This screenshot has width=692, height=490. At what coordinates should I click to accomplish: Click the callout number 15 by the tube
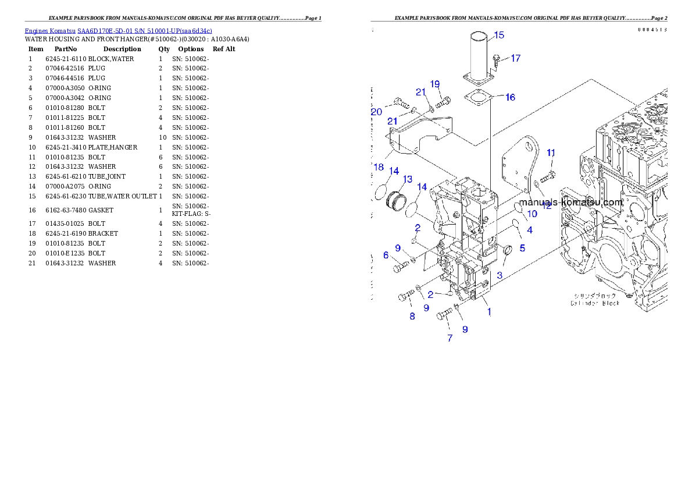coord(499,35)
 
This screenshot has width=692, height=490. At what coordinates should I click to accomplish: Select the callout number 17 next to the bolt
coord(515,58)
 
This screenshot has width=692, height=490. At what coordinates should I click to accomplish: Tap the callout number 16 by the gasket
coord(510,97)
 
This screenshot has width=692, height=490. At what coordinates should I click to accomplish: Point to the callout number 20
coord(376,112)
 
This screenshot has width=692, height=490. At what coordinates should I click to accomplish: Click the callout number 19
coord(435,84)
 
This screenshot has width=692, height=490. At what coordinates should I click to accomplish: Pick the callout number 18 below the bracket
coord(379,167)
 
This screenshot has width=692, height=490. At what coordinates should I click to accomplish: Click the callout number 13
coord(408,179)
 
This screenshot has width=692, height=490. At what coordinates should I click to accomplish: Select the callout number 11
coord(551,153)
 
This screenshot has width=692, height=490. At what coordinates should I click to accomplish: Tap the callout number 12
coord(547,206)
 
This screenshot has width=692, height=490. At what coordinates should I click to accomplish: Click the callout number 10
coord(532,214)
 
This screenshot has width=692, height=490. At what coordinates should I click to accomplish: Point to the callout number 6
coord(386,255)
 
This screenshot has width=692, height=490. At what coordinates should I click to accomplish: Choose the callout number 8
coord(412,317)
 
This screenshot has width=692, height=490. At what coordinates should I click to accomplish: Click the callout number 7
coord(450,338)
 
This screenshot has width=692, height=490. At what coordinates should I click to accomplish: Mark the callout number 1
coord(489,312)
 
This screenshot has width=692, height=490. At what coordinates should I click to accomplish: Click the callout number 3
coord(499,275)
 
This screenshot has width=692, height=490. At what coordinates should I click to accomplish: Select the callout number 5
coord(522,248)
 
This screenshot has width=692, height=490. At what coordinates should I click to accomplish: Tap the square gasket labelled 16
coord(480,98)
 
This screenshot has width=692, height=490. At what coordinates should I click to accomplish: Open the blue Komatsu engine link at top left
coord(118,30)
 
